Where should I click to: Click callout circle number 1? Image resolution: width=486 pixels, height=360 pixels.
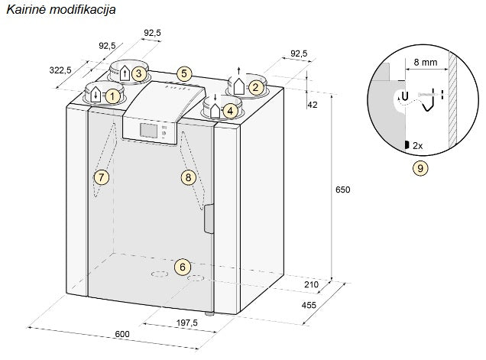[112, 96]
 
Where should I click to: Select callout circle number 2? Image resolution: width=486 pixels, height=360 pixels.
[256, 87]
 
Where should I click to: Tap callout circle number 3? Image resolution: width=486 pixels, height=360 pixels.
[138, 73]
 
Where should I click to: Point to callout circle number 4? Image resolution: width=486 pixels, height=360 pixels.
[229, 111]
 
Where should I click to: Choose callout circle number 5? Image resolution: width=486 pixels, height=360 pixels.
[183, 74]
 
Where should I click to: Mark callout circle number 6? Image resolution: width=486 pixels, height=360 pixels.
[182, 267]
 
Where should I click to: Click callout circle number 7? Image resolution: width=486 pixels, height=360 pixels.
[100, 177]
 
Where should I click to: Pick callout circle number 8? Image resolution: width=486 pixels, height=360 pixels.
[188, 177]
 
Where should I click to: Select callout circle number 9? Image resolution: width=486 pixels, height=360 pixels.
[420, 167]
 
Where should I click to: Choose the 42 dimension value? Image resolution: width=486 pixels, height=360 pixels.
[312, 104]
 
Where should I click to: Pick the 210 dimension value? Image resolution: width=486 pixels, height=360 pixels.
[311, 285]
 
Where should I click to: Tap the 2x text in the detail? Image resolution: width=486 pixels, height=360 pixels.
[417, 144]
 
